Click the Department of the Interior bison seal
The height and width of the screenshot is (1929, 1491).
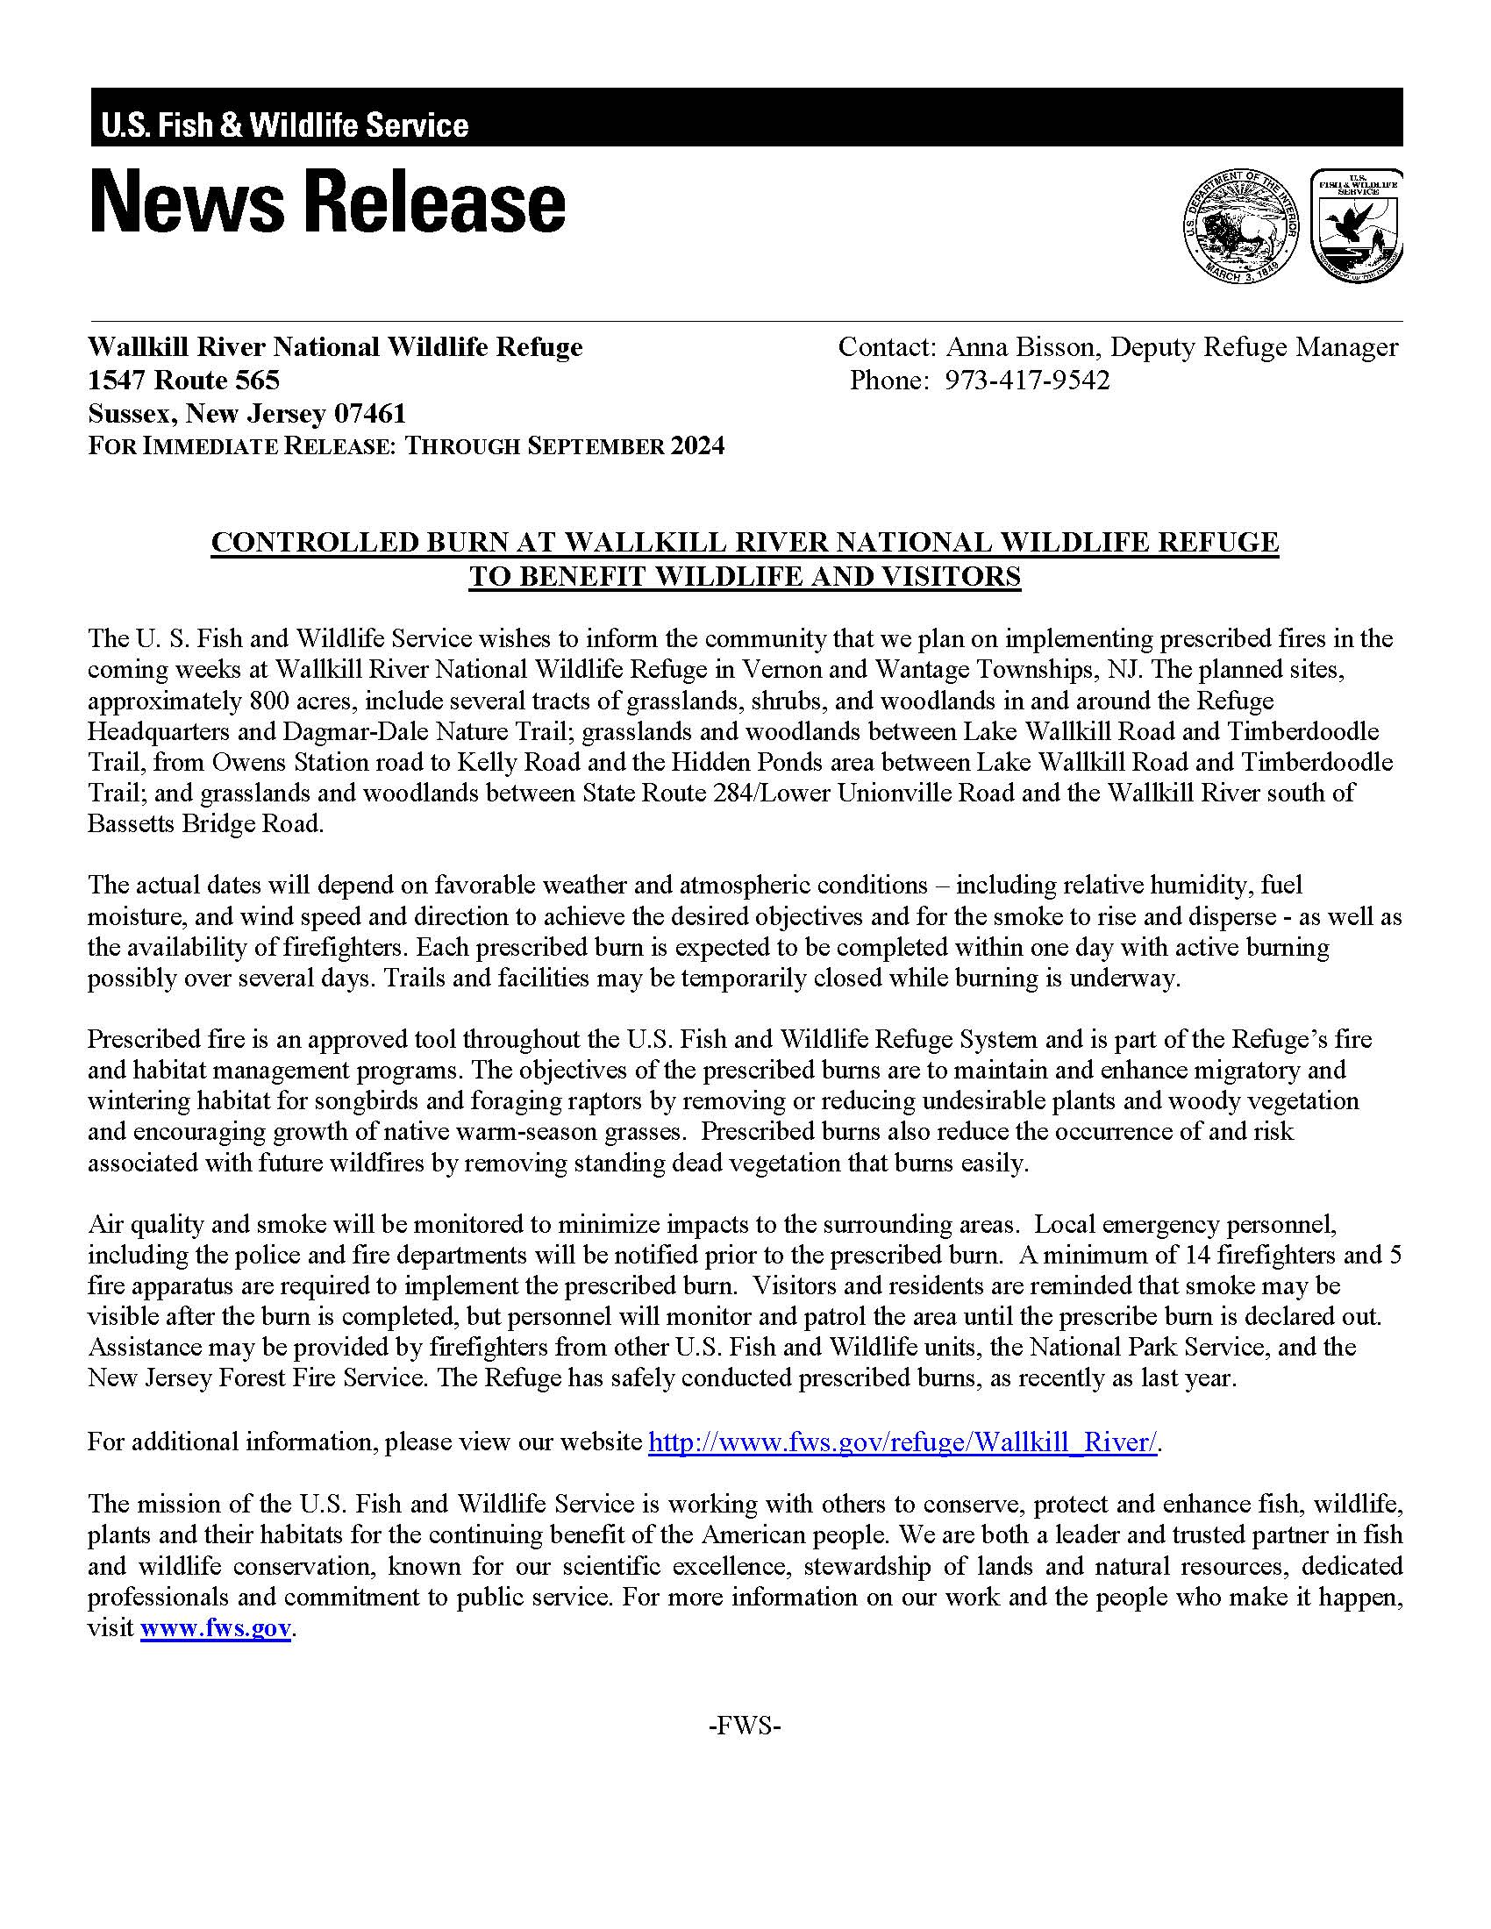pyautogui.click(x=1240, y=227)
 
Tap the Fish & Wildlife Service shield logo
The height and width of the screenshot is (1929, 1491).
pyautogui.click(x=1357, y=225)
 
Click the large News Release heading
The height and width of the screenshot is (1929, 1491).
pyautogui.click(x=328, y=203)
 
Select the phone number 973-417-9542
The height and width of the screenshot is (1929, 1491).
pyautogui.click(x=1027, y=381)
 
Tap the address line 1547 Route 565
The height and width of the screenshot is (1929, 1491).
pyautogui.click(x=183, y=381)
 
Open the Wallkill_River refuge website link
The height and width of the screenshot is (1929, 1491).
pyautogui.click(x=902, y=1442)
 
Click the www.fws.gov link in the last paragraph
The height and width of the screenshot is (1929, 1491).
pyautogui.click(x=215, y=1628)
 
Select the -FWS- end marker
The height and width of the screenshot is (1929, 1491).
pyautogui.click(x=745, y=1725)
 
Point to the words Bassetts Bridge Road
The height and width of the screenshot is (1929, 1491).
pyautogui.click(x=205, y=823)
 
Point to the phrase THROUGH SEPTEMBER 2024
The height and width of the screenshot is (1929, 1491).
pyautogui.click(x=564, y=446)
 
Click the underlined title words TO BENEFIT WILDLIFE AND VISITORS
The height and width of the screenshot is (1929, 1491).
pyautogui.click(x=745, y=577)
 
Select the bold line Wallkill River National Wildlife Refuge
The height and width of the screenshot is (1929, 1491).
pyautogui.click(x=336, y=347)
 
